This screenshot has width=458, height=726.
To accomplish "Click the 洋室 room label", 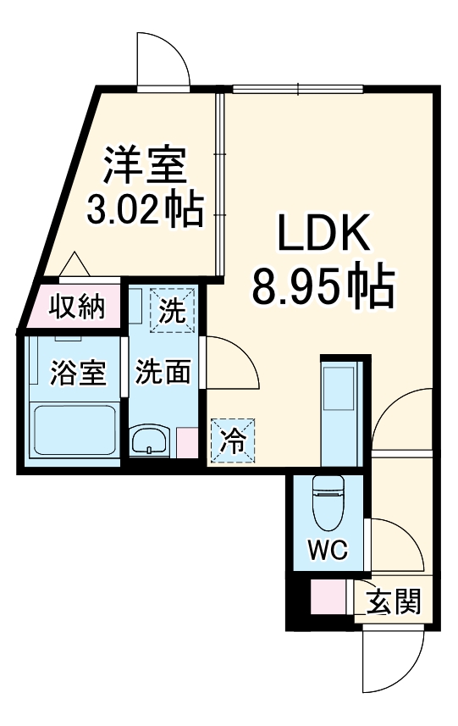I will tap(145, 164).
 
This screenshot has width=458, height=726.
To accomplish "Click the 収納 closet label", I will tap(75, 307).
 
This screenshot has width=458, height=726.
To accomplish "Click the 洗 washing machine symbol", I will tap(173, 311).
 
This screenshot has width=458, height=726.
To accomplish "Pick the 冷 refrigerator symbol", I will tap(231, 441).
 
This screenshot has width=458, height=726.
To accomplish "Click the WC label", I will tap(327, 550).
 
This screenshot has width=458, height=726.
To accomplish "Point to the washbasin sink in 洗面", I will tap(152, 442).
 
